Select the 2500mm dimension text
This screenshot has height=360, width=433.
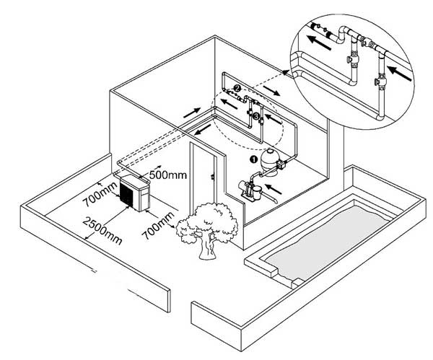[102, 229]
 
